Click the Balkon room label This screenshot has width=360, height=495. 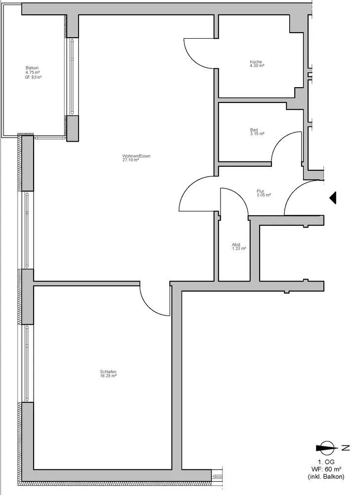tap(32, 68)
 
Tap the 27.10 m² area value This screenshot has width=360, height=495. tap(131, 160)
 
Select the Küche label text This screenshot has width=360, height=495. tap(256, 62)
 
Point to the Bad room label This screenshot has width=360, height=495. tap(254, 130)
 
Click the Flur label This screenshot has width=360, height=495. tap(261, 191)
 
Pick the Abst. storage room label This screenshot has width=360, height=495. tap(236, 245)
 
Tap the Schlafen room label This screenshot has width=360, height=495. tap(108, 372)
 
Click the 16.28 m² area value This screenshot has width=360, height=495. tap(108, 376)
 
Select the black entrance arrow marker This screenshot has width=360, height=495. tap(333, 198)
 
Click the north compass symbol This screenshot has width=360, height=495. tap(326, 447)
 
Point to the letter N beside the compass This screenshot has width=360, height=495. tap(346, 447)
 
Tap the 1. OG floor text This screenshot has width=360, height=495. tap(326, 462)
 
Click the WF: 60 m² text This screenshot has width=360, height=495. tap(326, 469)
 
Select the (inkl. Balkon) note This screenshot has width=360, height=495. tap(326, 477)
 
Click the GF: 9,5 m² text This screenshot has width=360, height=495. tap(34, 77)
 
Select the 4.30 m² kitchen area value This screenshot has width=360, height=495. tap(257, 66)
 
